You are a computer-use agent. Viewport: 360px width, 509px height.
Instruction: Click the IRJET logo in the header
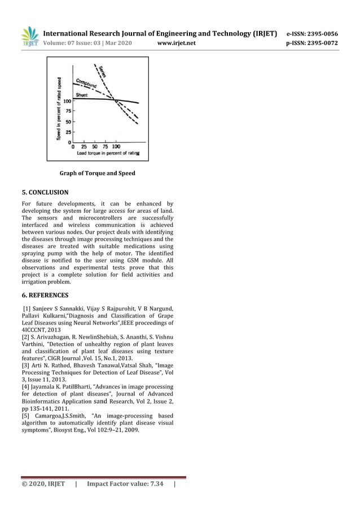pyautogui.click(x=29, y=37)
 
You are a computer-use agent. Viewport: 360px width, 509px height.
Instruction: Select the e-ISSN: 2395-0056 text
pyautogui.click(x=312, y=34)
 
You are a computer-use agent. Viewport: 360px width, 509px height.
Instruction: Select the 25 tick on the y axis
pyautogui.click(x=68, y=132)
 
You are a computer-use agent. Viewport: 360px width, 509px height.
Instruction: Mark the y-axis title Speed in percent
pyautogui.click(x=59, y=108)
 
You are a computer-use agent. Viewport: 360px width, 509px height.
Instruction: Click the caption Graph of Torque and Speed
pyautogui.click(x=97, y=173)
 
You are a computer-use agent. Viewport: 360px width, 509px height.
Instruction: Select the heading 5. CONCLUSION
pyautogui.click(x=45, y=192)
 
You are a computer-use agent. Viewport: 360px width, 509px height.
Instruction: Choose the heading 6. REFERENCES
pyautogui.click(x=45, y=295)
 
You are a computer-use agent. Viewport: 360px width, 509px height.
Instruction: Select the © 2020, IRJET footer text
pyautogui.click(x=43, y=484)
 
